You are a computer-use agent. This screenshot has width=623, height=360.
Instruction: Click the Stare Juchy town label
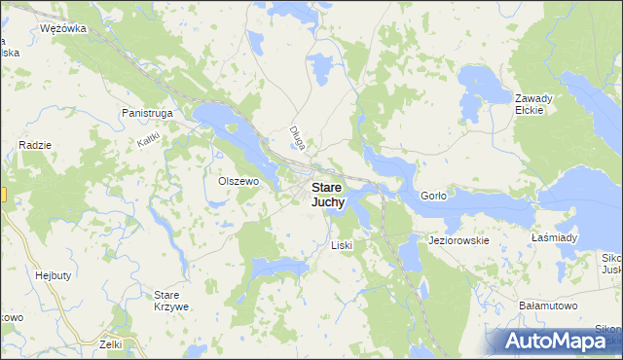(327, 195)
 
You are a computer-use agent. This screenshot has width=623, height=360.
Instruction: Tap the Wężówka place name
(64, 28)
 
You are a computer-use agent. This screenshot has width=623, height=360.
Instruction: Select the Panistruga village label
(148, 113)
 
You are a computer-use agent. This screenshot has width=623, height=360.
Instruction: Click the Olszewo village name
(238, 181)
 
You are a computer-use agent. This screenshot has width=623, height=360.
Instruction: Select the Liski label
(341, 245)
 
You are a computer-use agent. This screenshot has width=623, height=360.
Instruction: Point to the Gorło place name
(432, 196)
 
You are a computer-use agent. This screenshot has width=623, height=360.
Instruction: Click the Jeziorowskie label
(458, 239)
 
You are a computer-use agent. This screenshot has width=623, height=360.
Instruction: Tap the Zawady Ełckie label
(534, 103)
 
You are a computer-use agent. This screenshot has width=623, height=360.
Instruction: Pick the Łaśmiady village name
(555, 237)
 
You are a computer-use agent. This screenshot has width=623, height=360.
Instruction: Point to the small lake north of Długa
(320, 67)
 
